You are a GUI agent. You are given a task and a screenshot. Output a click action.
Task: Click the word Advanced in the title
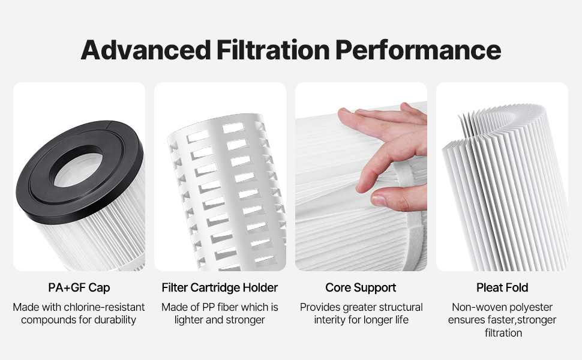click(x=146, y=50)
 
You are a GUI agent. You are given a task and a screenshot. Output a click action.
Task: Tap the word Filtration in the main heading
click(x=273, y=50)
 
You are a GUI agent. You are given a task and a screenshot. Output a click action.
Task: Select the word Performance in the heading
click(x=418, y=50)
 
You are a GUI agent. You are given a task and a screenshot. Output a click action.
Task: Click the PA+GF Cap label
click(x=79, y=287)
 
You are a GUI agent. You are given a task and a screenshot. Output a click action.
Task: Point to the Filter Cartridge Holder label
click(x=220, y=287)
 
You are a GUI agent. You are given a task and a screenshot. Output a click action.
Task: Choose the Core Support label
click(x=361, y=287)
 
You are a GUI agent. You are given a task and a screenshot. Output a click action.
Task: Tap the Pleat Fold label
click(x=502, y=287)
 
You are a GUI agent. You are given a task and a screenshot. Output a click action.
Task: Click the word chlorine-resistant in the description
click(x=104, y=307)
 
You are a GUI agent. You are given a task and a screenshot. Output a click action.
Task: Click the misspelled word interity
click(x=330, y=320)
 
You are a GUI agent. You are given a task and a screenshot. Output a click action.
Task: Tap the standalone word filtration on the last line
click(x=503, y=333)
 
